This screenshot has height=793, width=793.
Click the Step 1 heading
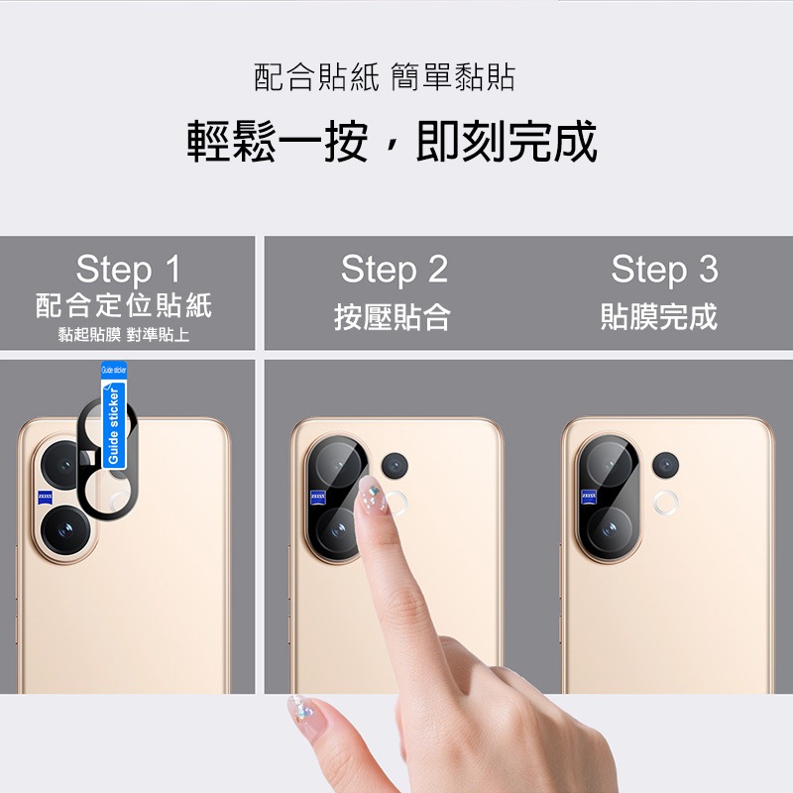pyautogui.click(x=129, y=270)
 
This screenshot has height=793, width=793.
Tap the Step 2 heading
pyautogui.click(x=395, y=269)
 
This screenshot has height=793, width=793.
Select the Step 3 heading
pyautogui.click(x=664, y=269)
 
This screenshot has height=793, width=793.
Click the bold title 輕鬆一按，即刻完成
pyautogui.click(x=394, y=142)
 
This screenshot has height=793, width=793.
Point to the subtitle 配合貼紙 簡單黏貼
pyautogui.click(x=385, y=77)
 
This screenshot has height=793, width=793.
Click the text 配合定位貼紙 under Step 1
pyautogui.click(x=124, y=305)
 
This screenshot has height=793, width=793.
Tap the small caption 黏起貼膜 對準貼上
pyautogui.click(x=124, y=335)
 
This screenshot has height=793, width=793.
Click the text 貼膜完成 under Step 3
pyautogui.click(x=659, y=317)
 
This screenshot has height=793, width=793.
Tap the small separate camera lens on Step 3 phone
pyautogui.click(x=665, y=463)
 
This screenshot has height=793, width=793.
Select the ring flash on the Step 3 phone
pyautogui.click(x=666, y=502)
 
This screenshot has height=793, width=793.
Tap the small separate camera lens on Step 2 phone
pyautogui.click(x=396, y=464)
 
